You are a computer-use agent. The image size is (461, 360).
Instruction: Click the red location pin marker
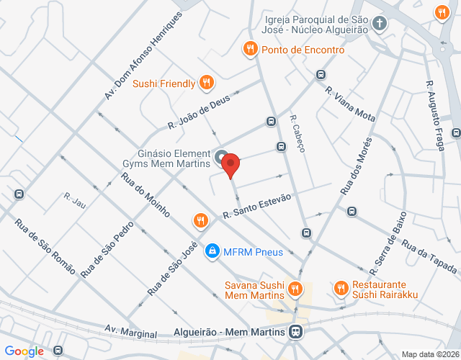coord(230,164)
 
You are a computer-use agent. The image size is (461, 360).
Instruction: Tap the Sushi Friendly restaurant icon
coord(206,83)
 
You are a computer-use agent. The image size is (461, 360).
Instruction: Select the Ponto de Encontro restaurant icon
coord(250,50)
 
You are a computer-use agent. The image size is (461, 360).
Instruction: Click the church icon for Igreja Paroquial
coord(380,25)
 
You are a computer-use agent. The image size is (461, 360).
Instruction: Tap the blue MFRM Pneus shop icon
coord(212,251)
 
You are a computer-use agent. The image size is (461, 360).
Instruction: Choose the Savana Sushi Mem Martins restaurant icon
coord(294,289)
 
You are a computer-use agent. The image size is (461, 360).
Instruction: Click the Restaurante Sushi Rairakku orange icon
coord(341,289)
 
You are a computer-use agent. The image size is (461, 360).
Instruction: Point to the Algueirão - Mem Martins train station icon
coord(294,332)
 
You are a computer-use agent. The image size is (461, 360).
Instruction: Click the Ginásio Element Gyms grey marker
coord(221,156)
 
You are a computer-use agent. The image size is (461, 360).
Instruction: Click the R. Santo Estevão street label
coord(256,205)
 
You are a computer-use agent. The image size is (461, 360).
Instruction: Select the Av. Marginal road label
coord(130,331)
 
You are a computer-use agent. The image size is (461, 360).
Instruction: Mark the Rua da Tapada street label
coord(429,256)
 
